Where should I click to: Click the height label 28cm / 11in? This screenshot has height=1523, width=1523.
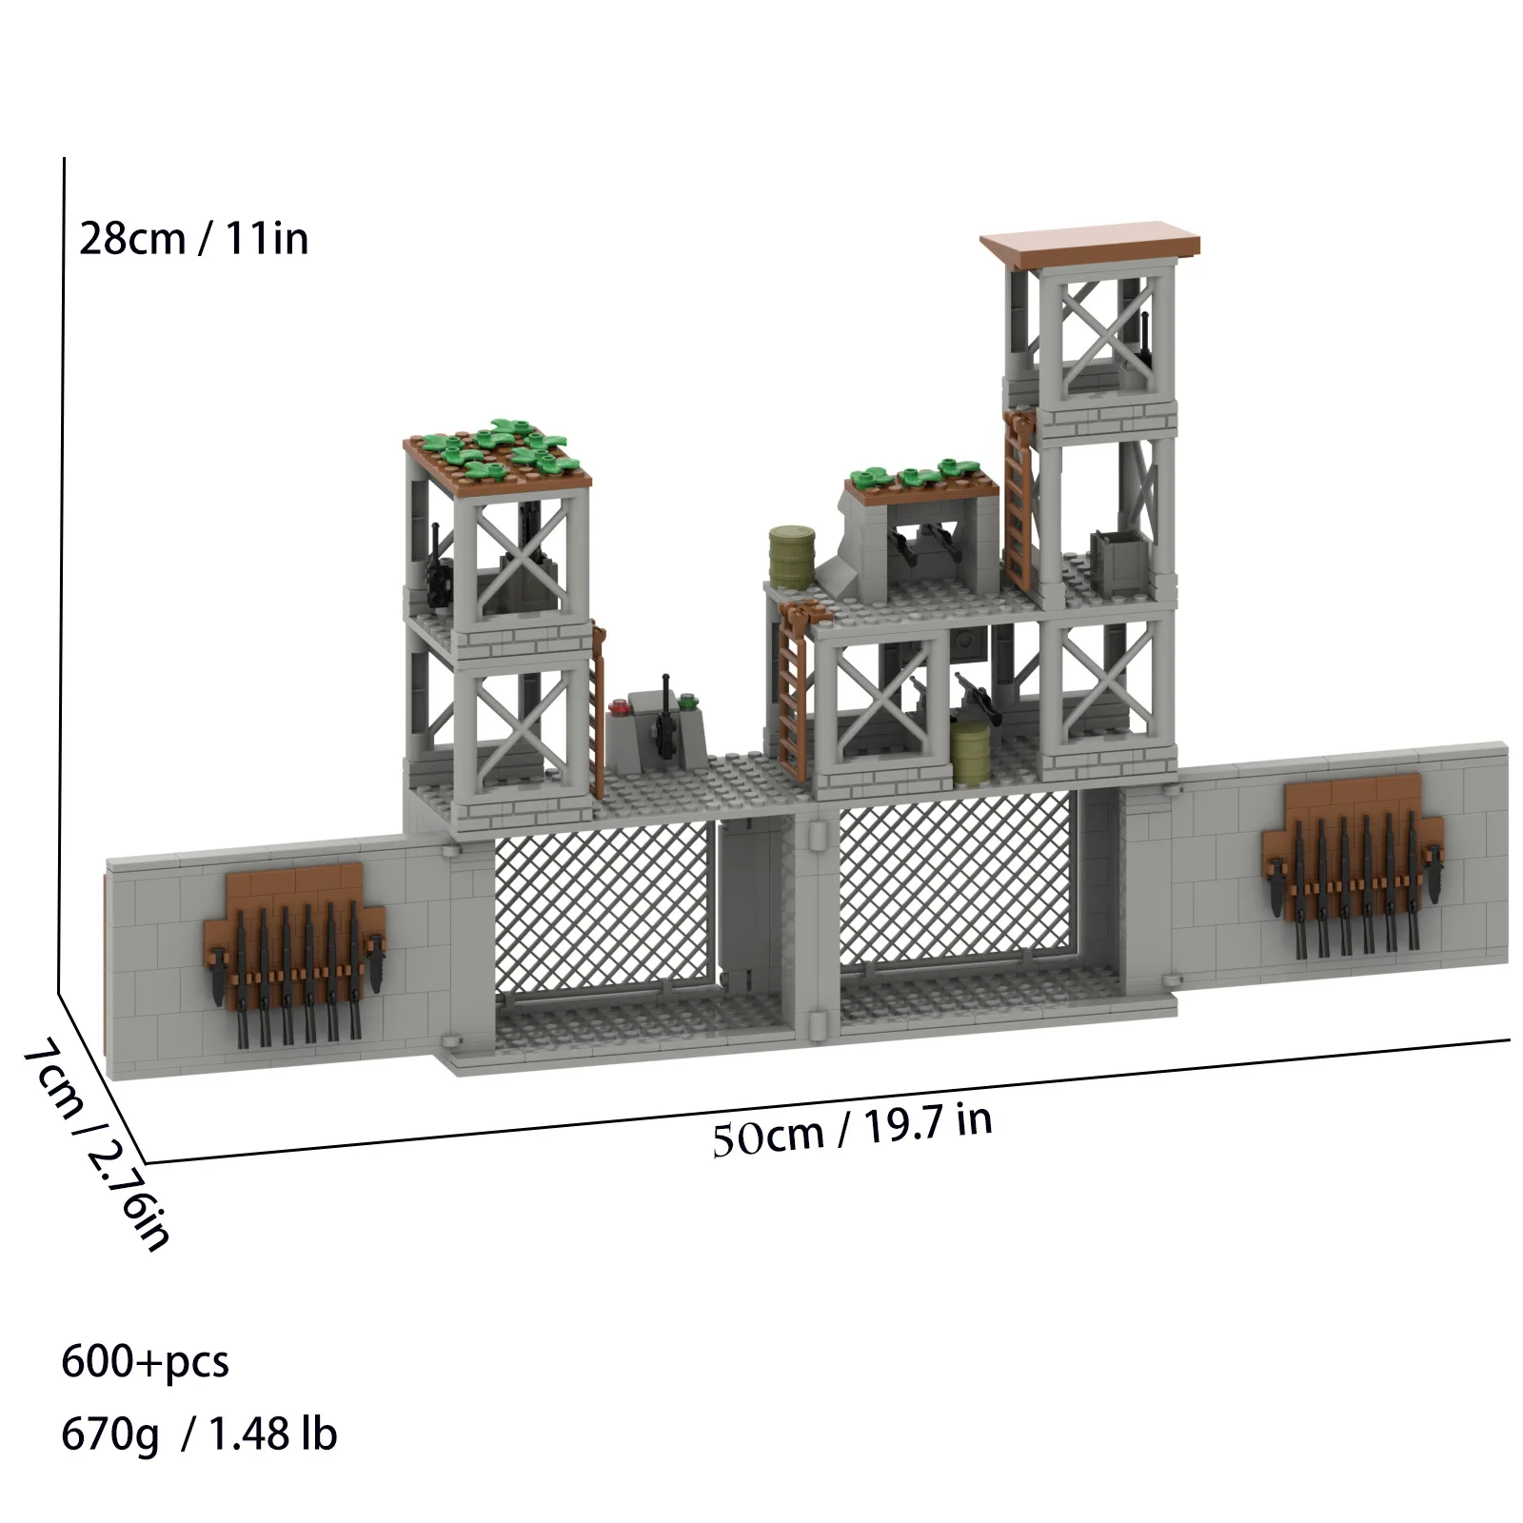193,238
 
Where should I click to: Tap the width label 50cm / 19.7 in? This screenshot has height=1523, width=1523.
852,1129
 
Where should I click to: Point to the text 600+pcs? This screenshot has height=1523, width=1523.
145,1362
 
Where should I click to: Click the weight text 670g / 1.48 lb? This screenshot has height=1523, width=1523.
199,1434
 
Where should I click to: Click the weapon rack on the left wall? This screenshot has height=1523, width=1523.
295,952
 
